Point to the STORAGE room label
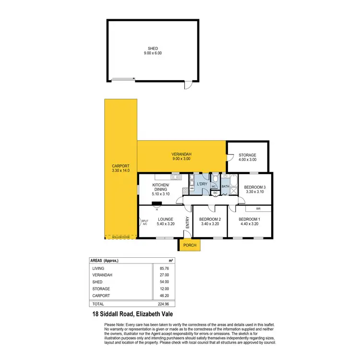coord(248,155)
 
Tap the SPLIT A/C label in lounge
coord(145,222)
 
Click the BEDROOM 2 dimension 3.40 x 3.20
coord(210,224)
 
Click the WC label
coord(215,187)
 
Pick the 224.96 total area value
coord(164,304)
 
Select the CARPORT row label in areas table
coord(102,296)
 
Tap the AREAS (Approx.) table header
coord(104,261)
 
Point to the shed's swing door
coord(189,85)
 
